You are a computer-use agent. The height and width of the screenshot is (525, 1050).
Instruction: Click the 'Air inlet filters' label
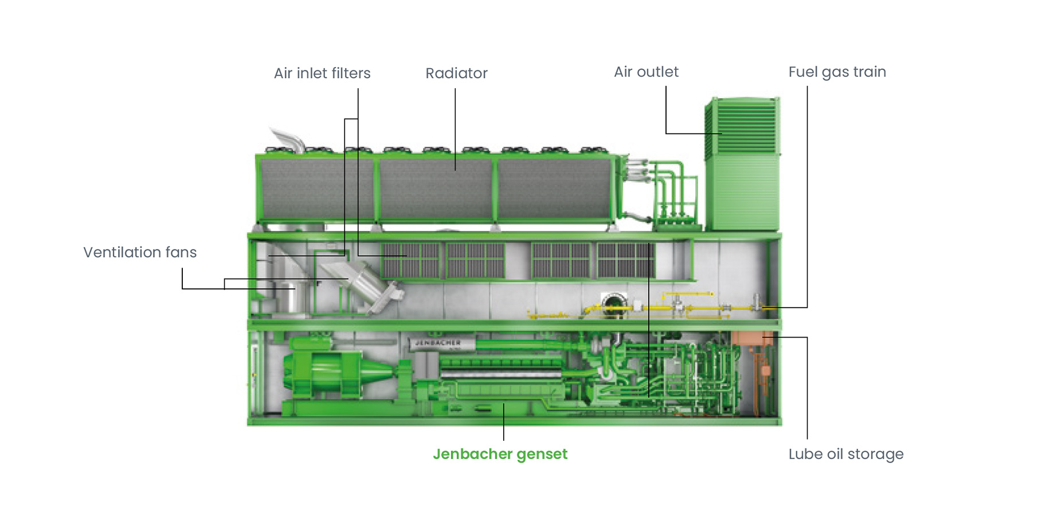(322, 73)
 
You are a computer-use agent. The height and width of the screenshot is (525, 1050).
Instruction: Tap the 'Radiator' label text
(456, 73)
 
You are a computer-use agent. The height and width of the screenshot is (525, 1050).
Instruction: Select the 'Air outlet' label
(646, 72)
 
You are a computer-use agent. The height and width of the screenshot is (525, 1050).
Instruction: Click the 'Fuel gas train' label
(837, 72)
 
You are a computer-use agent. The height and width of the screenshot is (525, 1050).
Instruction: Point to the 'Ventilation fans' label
(140, 253)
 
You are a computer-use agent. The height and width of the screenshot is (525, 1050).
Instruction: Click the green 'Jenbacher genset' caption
(500, 455)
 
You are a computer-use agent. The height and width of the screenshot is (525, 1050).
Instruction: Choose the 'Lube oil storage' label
(845, 455)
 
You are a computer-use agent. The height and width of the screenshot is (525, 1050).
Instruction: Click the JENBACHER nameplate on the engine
(438, 343)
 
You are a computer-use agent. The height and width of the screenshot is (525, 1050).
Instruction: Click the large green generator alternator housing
(324, 373)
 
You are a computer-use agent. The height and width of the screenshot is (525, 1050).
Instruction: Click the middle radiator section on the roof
(436, 189)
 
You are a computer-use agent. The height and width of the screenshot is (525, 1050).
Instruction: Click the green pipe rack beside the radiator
(673, 195)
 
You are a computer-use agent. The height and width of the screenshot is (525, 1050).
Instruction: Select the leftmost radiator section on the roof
(315, 189)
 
